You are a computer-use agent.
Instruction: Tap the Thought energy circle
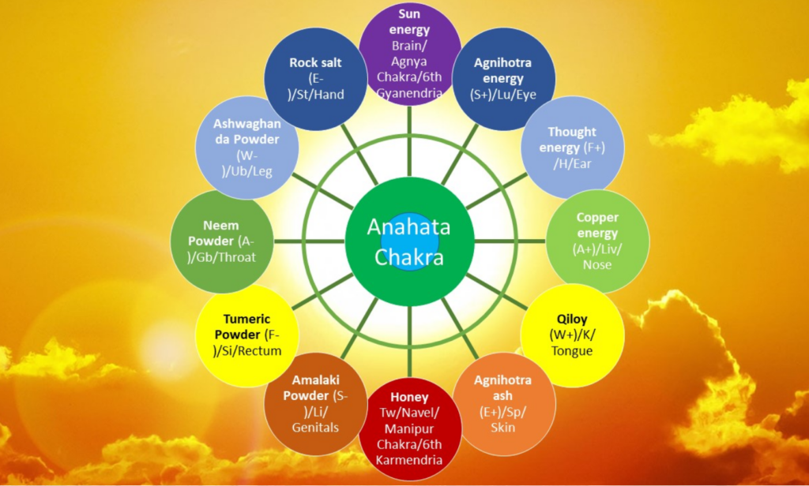tap(572, 147)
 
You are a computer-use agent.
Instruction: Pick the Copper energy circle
tap(597, 241)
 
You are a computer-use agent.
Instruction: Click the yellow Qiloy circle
tap(572, 335)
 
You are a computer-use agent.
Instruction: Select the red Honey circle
tap(410, 430)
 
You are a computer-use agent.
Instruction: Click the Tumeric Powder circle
tap(247, 335)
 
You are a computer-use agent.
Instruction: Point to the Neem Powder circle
tap(221, 241)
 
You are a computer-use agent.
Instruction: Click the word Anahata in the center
tap(408, 227)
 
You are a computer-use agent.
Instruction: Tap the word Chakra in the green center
tap(409, 257)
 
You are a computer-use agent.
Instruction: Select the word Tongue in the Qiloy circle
tap(572, 351)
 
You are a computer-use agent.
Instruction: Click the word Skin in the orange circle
tap(502, 427)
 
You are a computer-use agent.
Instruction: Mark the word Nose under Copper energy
tap(597, 264)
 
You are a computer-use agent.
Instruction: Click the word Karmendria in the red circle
tap(409, 459)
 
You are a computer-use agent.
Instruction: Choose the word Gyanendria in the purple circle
tap(409, 92)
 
